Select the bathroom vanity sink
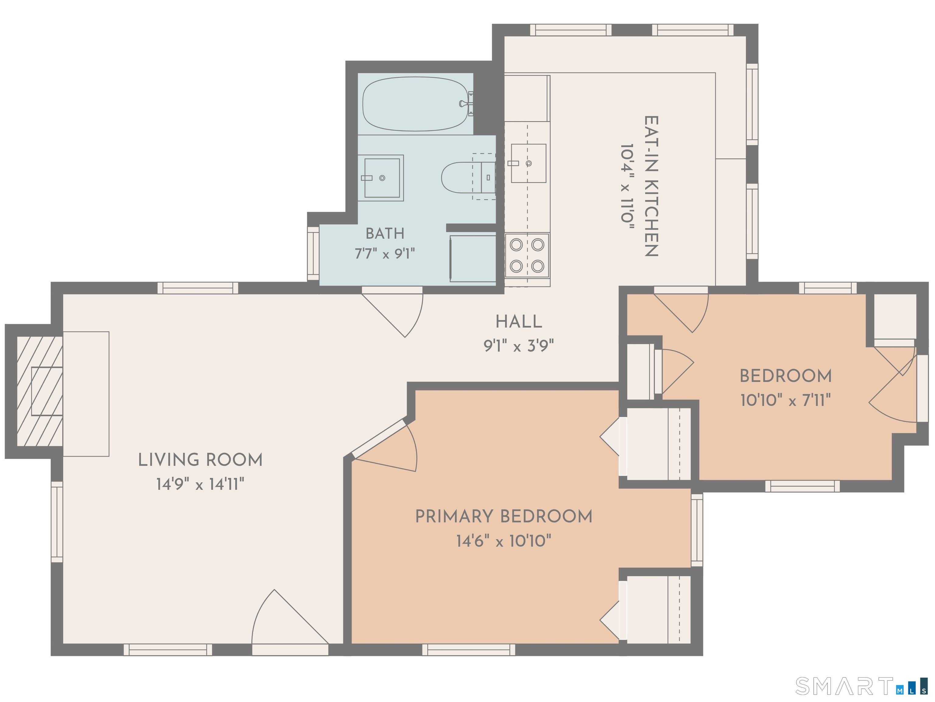pos(381,178)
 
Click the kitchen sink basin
pos(528,163)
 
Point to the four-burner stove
pos(527,255)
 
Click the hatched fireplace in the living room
pos(40,391)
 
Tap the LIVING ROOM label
pos(200,460)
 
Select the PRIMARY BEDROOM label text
pos(504,516)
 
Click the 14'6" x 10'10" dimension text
pos(504,541)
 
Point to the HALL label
pos(518,322)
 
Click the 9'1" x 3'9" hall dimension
pos(518,346)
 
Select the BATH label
pos(385,233)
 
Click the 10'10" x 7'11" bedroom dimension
pos(786,400)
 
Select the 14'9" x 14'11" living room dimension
pos(200,484)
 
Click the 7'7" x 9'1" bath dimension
pos(385,254)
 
